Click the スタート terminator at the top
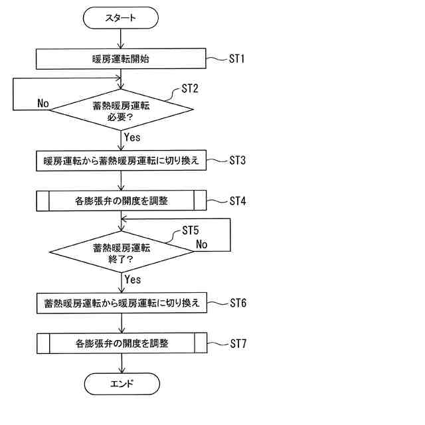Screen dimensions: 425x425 [x=121, y=18]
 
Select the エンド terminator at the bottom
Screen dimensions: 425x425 [x=121, y=383]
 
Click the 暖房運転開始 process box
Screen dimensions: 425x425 [x=121, y=59]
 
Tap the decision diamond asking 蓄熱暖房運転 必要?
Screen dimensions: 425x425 [x=121, y=108]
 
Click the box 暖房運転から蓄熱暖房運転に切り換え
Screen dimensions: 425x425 [x=121, y=160]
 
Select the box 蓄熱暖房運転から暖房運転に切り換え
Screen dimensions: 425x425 [x=121, y=304]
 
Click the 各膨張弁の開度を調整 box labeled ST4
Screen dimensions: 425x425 [x=121, y=200]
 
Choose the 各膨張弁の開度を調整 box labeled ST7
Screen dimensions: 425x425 [x=121, y=344]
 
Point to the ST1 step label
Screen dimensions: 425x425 [x=238, y=59]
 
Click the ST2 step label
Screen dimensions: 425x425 [x=190, y=88]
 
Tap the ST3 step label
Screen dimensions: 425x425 [x=238, y=160]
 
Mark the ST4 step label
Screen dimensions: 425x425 [x=238, y=200]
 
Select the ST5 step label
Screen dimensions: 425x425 [x=191, y=231]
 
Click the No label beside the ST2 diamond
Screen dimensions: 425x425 [x=44, y=103]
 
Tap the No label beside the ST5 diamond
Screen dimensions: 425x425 [x=202, y=244]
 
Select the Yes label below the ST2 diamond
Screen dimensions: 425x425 [x=133, y=137]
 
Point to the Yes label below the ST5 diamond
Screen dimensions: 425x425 [x=133, y=280]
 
